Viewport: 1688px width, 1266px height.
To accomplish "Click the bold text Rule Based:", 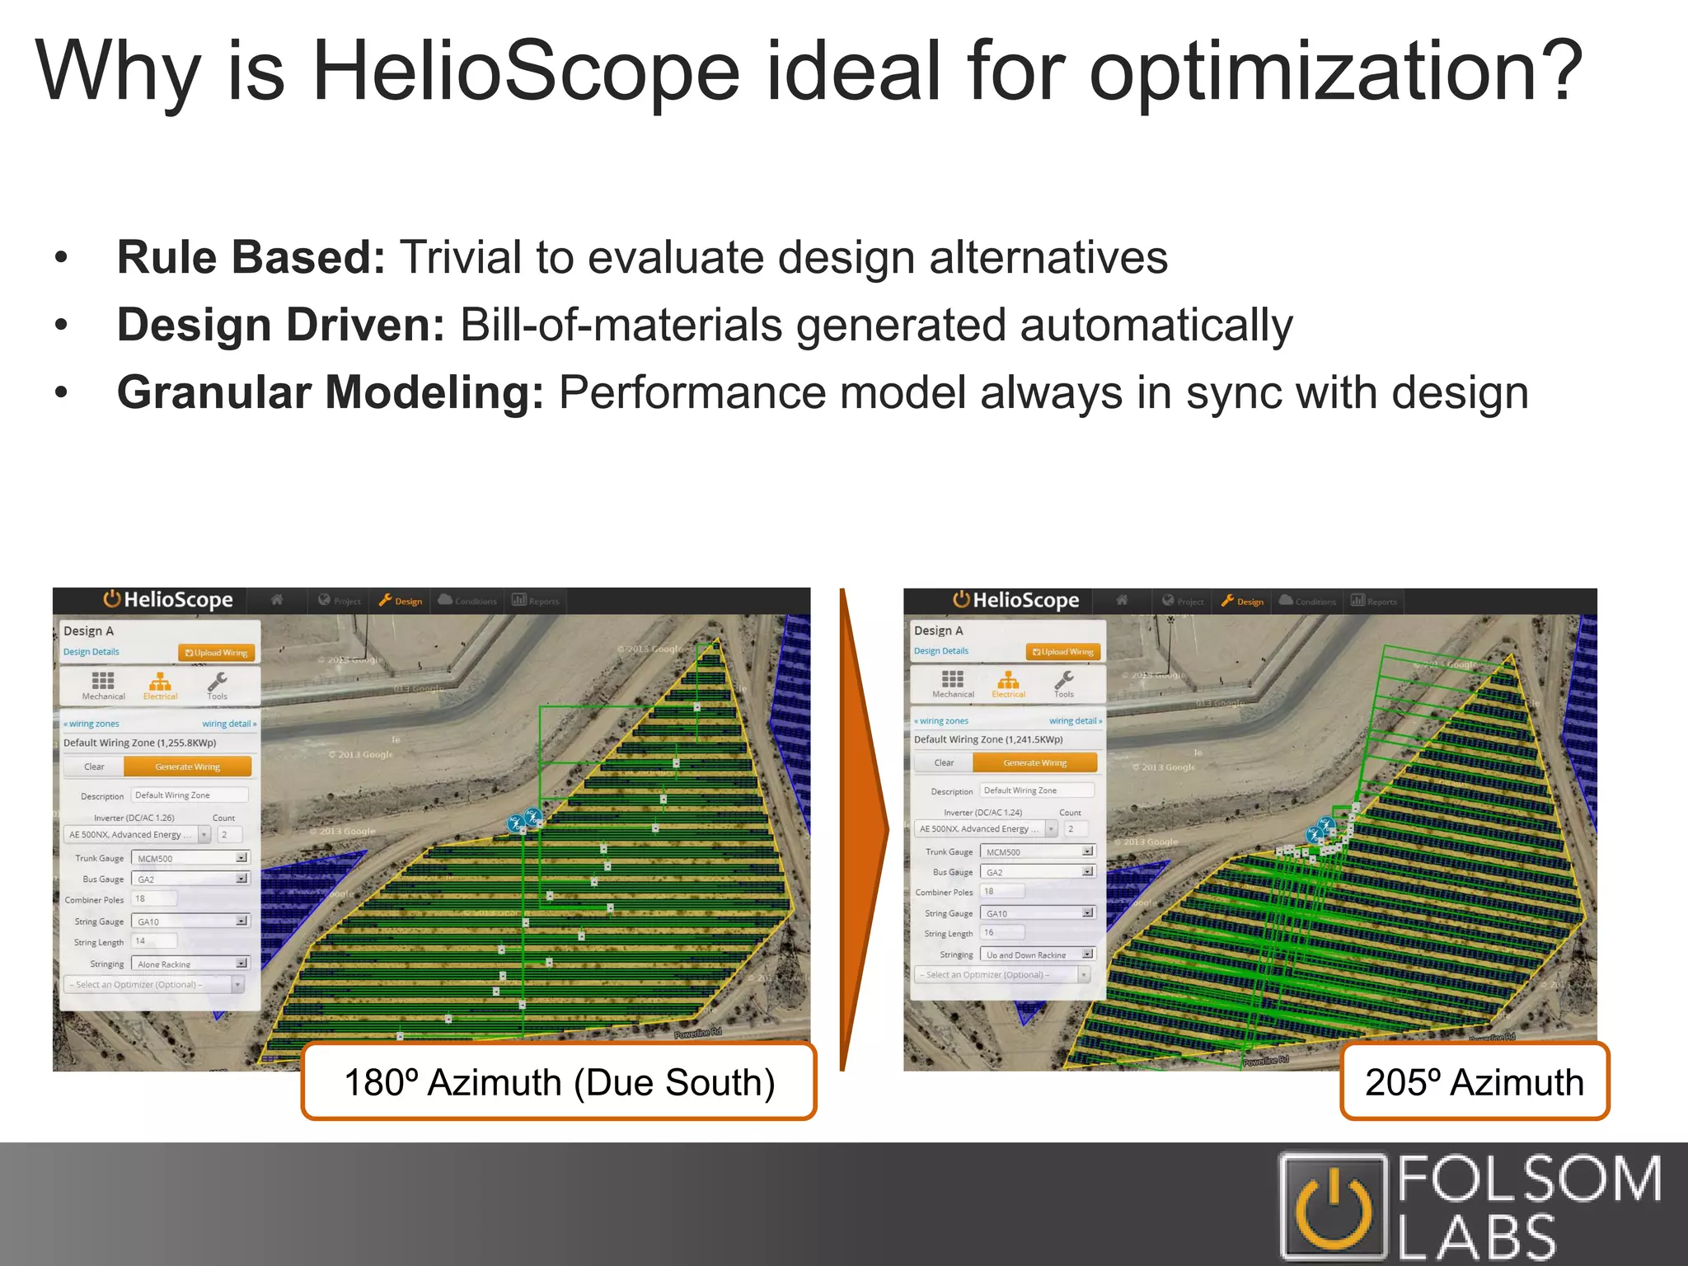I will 251,257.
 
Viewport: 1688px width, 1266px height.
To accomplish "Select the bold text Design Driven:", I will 281,325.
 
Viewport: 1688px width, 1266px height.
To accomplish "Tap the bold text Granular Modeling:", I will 331,392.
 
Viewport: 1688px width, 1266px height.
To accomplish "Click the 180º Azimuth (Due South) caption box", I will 559,1082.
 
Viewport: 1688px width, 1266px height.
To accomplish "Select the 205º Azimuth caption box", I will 1474,1082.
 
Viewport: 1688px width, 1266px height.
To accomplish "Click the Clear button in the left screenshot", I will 94,767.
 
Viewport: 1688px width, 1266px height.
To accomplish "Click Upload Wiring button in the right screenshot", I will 1063,652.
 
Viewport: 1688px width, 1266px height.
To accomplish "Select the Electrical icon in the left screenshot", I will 160,684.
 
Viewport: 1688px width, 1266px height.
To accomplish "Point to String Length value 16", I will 1001,933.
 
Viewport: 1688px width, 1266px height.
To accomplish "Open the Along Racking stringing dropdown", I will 190,964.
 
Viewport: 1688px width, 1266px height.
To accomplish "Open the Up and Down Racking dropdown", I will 1037,954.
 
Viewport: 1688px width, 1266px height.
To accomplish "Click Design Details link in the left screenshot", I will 91,652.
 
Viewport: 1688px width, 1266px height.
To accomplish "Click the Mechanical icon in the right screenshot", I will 953,682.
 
